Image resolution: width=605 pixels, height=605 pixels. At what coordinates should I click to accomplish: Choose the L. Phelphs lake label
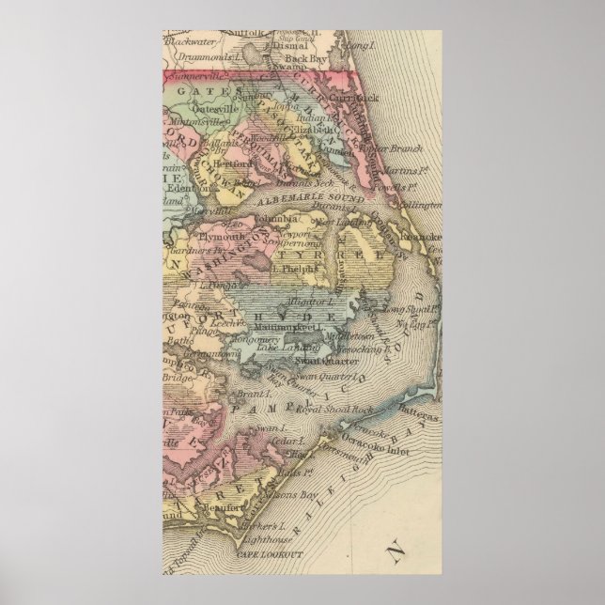pyautogui.click(x=292, y=268)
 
